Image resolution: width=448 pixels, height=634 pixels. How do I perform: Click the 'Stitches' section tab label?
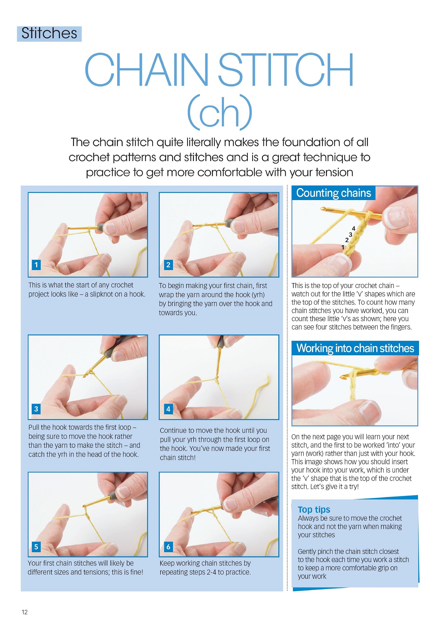(x=49, y=33)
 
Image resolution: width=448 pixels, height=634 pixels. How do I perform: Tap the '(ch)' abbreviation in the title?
(x=220, y=112)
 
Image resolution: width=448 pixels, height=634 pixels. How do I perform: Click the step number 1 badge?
(x=36, y=265)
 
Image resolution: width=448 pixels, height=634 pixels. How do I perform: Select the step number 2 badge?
(x=168, y=265)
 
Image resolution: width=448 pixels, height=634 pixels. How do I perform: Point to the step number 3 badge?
(x=36, y=409)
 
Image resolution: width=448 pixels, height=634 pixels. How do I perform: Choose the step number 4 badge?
(x=168, y=409)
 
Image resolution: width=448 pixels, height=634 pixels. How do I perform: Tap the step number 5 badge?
(x=36, y=547)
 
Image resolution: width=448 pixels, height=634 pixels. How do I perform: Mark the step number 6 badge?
(x=168, y=547)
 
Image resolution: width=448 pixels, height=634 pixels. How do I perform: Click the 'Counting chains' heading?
(x=334, y=193)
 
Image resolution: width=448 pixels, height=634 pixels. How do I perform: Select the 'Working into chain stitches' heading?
(x=355, y=348)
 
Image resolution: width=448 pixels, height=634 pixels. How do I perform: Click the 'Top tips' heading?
(x=314, y=509)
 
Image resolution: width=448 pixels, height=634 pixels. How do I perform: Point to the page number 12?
(x=24, y=612)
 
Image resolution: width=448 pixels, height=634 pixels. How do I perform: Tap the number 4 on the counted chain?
(x=354, y=228)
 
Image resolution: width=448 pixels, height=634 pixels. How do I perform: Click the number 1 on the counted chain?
(x=343, y=247)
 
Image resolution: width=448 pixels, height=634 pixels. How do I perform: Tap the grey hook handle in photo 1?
(x=100, y=227)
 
